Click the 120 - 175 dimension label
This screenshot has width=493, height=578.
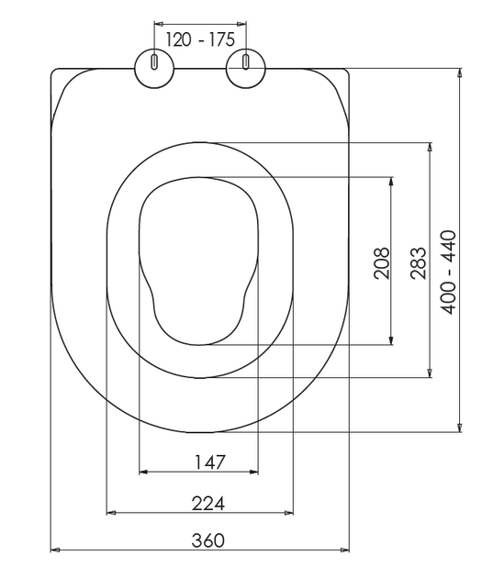[200, 39]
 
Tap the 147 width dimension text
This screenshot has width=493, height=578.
[209, 461]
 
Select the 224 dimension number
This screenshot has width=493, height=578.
[208, 503]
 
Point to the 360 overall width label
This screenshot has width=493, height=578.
[208, 540]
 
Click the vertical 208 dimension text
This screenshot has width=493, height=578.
[381, 263]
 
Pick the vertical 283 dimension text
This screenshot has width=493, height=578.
[419, 263]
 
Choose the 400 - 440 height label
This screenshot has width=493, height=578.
[449, 272]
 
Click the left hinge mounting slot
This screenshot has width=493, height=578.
[154, 61]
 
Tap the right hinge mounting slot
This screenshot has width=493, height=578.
[245, 61]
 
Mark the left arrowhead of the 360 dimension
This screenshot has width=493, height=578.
[55, 550]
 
